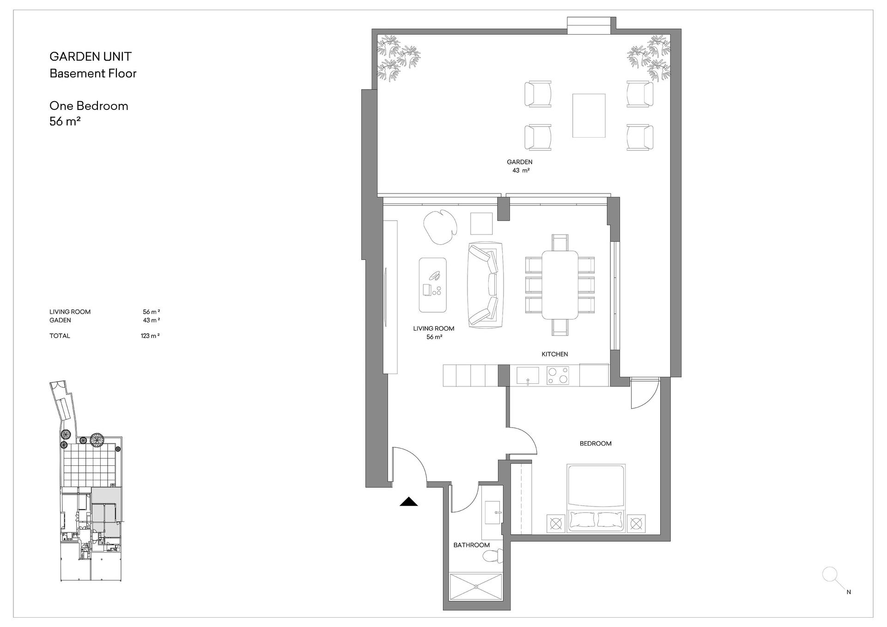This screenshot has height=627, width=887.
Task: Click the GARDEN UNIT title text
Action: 91,57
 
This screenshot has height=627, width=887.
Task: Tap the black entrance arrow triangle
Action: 408,501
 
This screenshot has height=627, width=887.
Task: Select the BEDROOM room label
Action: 595,444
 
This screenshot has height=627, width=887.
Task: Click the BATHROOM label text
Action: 471,545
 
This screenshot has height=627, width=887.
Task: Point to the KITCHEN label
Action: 555,354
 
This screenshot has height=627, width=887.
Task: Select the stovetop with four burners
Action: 558,375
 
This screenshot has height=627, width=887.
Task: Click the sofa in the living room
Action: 485,285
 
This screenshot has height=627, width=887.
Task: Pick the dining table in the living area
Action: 560,285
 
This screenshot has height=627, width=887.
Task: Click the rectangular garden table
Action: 589,115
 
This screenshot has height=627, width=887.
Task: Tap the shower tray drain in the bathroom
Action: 476,587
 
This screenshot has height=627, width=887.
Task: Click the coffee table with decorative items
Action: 432,285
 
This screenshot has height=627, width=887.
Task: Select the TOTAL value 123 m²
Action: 150,336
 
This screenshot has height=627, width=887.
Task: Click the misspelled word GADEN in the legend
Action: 60,320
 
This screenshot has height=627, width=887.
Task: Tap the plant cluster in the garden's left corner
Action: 398,59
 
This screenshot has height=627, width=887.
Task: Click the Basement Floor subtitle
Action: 93,73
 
